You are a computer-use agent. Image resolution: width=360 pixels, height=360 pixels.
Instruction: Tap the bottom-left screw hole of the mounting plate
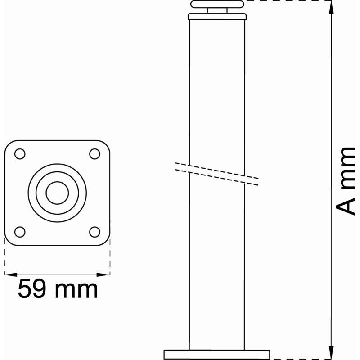tap(20, 232)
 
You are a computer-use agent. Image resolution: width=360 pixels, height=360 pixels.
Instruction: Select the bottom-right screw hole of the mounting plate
tap(94, 232)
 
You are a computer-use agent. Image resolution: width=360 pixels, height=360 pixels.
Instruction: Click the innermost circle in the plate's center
tap(58, 193)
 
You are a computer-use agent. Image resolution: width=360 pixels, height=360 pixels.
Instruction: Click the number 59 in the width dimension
tap(31, 289)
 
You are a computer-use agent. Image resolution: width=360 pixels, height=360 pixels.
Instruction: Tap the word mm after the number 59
tap(76, 291)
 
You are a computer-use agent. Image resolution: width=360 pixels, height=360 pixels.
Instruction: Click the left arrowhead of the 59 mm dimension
tap(11, 274)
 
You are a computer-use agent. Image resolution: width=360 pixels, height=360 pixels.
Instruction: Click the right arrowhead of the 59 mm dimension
tap(104, 274)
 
